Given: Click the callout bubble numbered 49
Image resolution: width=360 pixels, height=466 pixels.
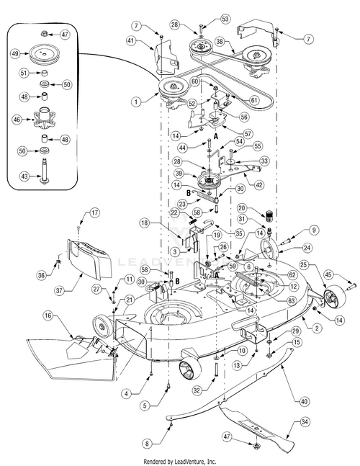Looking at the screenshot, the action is coord(16,54).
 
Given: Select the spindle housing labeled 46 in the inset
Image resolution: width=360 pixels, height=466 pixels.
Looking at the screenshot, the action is coord(45,119).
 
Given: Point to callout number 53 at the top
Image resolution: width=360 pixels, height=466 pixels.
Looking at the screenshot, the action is coord(225,19).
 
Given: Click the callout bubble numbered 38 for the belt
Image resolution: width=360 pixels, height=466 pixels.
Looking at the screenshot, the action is coord(219,42).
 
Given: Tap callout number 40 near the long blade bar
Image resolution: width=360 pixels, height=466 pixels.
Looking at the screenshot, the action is coord(304,402).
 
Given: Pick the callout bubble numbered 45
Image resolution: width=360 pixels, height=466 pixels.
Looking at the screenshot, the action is coord(328,274).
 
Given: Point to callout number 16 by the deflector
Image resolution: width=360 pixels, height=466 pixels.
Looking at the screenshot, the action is coord(48,315).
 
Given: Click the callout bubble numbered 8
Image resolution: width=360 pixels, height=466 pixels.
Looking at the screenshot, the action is coord(147,444).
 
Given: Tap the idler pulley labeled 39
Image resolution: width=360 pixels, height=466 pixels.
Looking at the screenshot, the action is coord(210,181).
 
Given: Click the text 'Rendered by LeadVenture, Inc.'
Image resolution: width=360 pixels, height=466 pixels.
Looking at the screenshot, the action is coord(180,462).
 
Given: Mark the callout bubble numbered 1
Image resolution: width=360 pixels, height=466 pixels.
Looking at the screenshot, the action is coord(136,102).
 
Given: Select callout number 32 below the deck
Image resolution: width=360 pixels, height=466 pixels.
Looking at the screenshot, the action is coord(197,390).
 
